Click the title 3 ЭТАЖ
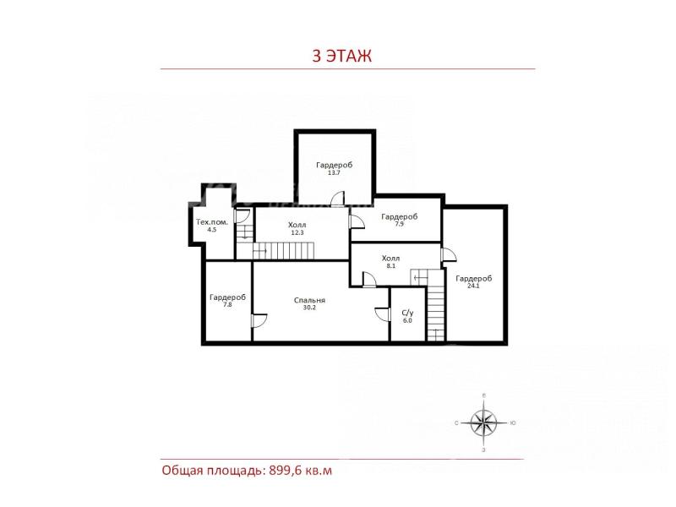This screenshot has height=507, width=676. (x=341, y=56)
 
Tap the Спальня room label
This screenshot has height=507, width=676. (x=309, y=301)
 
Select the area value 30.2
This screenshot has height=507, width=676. (x=309, y=308)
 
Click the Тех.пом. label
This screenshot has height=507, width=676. (x=212, y=222)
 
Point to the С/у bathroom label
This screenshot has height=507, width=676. (x=407, y=313)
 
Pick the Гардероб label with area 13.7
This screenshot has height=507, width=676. (x=334, y=165)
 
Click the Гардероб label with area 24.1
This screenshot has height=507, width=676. (x=473, y=279)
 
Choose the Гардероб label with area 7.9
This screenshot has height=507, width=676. (x=399, y=216)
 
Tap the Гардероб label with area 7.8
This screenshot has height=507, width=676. (x=227, y=297)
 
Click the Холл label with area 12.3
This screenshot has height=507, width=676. (x=297, y=225)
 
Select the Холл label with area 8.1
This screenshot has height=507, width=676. (x=390, y=259)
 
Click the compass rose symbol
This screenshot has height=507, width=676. (x=483, y=423)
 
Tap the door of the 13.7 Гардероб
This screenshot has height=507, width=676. (x=338, y=199)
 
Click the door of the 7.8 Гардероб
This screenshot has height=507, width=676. (x=259, y=321)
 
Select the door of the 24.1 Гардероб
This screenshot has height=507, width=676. (x=449, y=255)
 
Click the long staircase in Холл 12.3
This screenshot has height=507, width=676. (x=284, y=251)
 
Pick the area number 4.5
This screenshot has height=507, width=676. (x=212, y=230)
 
